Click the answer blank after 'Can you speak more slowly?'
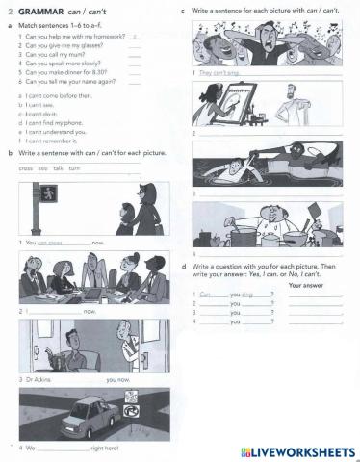click(134, 63)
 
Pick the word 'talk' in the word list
click(58, 167)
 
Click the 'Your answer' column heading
click(307, 285)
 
